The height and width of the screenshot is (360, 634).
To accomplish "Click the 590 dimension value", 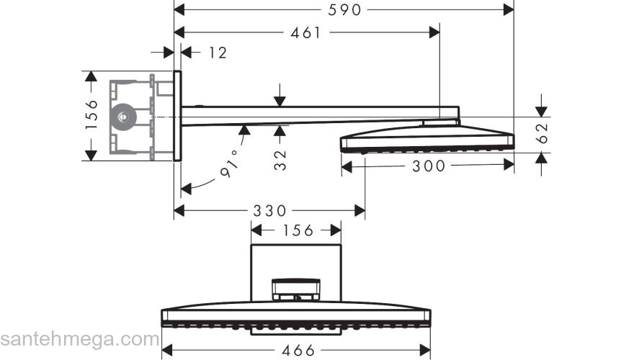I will (345, 9).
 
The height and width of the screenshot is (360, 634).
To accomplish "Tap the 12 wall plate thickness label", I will (217, 53).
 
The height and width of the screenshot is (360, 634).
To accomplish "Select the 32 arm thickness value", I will (280, 159).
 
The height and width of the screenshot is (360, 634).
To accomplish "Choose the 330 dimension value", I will (269, 211).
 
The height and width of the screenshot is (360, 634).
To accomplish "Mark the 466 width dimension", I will (295, 351).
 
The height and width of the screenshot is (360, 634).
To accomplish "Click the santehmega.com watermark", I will (79, 338).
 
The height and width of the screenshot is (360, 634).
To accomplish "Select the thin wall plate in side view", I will (178, 115).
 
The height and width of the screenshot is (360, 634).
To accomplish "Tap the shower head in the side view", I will (427, 138).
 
